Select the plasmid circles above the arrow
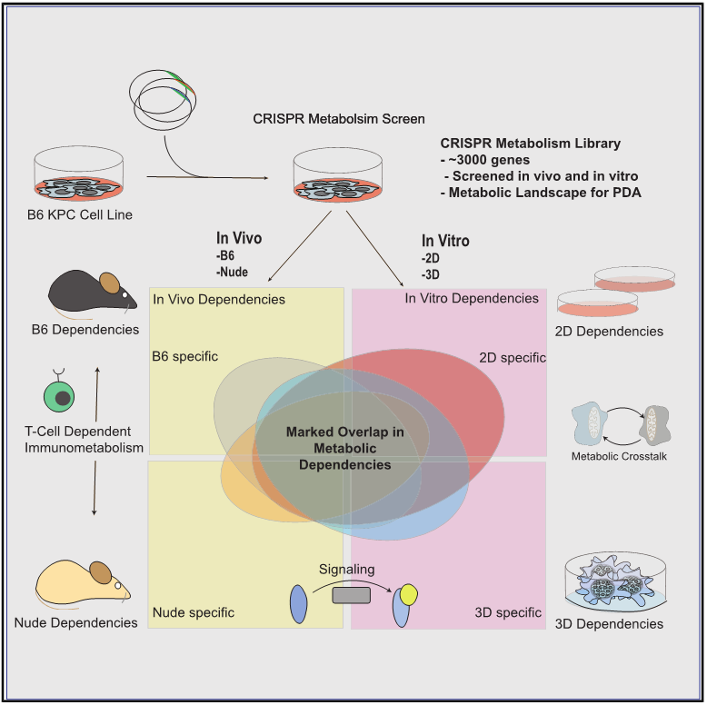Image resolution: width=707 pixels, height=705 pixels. tap(163, 100)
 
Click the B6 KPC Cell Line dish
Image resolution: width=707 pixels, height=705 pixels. tap(79, 174)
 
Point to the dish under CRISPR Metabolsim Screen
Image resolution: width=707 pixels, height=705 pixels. tap(338, 175)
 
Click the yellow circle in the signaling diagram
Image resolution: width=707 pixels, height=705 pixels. tap(409, 594)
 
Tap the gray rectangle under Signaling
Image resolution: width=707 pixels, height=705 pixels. tap(352, 595)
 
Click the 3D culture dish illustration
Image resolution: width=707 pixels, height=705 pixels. tap(616, 581)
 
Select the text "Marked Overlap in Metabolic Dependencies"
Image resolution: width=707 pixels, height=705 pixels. tap(345, 448)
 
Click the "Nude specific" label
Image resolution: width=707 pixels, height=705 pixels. tap(194, 612)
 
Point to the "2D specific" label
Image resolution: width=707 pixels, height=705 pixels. tap(513, 357)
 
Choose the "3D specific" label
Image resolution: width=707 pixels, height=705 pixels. tap(508, 612)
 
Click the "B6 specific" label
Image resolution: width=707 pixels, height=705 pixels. tap(184, 356)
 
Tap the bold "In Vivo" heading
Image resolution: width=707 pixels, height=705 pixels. tap(239, 237)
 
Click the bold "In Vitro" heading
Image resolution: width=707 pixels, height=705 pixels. tap(445, 240)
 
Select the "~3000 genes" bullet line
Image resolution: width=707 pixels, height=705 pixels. tap(485, 160)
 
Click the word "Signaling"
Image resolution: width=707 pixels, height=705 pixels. tap(347, 570)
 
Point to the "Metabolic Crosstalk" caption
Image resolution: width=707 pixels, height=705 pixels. tap(619, 456)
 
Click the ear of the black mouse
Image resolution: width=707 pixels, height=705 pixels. tap(110, 283)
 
